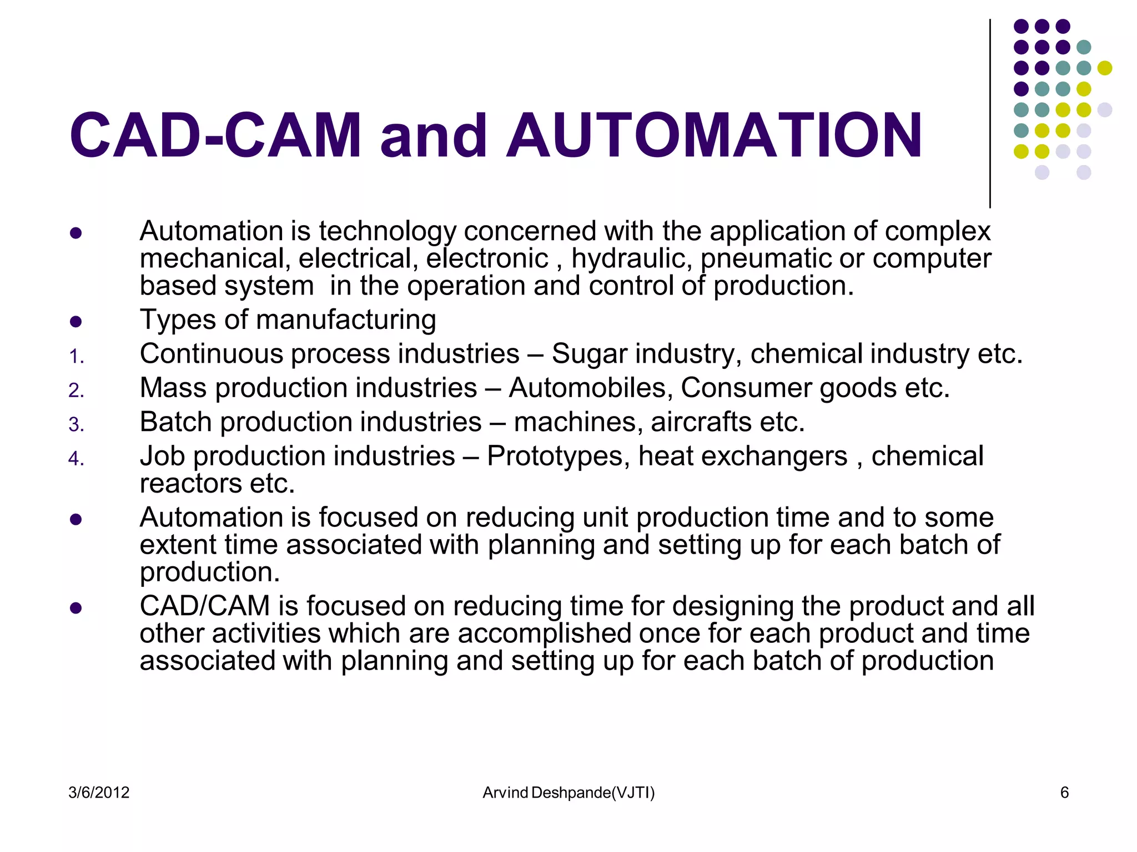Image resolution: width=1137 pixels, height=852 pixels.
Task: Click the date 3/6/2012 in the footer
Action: pyautogui.click(x=99, y=793)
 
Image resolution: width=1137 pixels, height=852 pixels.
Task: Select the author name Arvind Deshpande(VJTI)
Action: pyautogui.click(x=568, y=793)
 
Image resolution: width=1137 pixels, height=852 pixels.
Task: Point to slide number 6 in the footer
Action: pyautogui.click(x=1064, y=793)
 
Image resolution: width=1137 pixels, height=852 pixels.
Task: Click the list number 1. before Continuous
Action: pyautogui.click(x=77, y=357)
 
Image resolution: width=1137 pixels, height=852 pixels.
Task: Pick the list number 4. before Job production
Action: pyautogui.click(x=77, y=459)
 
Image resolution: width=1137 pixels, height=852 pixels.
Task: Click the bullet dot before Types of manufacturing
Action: pyautogui.click(x=76, y=322)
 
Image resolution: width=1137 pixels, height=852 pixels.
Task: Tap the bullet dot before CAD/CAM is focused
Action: pyautogui.click(x=76, y=608)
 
